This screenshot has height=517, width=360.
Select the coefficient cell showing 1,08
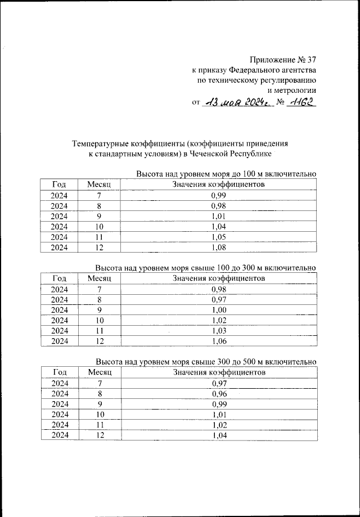coord(218,248)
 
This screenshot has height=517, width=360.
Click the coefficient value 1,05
coord(218,237)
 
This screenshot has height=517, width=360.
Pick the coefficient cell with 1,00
coord(218,310)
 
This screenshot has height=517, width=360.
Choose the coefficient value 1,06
coord(218,341)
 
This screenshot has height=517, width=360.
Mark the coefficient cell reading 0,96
coord(218,394)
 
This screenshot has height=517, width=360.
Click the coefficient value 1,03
coord(218,331)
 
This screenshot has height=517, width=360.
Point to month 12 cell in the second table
coord(100,341)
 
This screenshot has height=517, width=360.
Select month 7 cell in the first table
coord(100,195)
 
